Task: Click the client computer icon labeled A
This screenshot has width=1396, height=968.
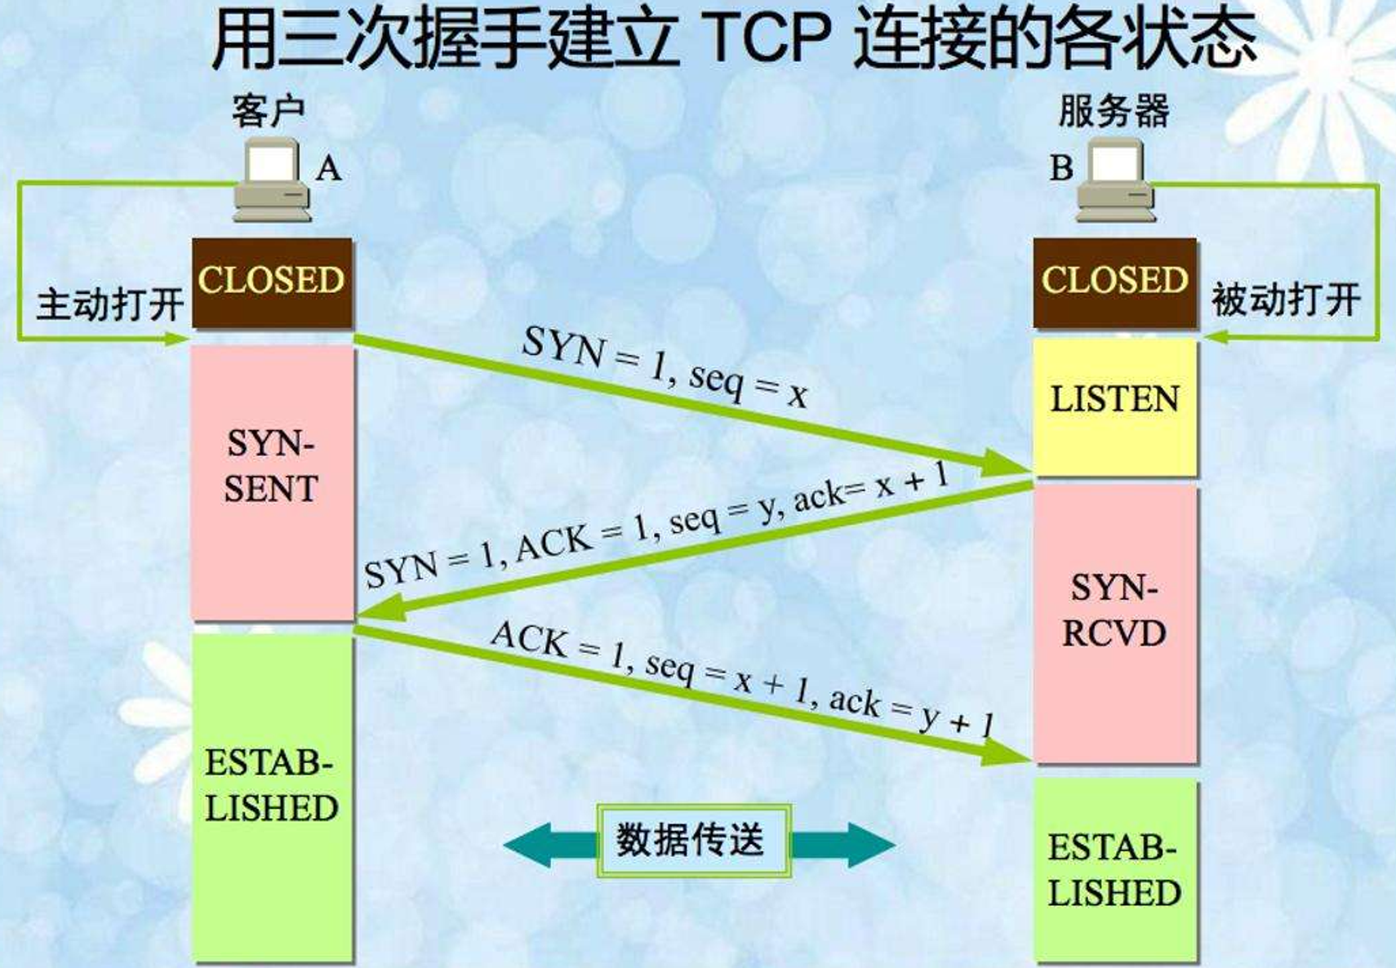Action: pyautogui.click(x=273, y=180)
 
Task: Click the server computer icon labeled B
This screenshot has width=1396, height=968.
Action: pyautogui.click(x=1116, y=180)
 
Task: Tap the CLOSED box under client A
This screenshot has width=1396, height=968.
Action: pyautogui.click(x=272, y=282)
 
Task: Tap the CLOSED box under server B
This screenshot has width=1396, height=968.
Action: pyautogui.click(x=1114, y=282)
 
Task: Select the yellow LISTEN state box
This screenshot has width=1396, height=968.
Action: pyautogui.click(x=1114, y=406)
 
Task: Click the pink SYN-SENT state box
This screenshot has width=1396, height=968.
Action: pyautogui.click(x=272, y=482)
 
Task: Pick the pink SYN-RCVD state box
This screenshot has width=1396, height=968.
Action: pyautogui.click(x=1114, y=624)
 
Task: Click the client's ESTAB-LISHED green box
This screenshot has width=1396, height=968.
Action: pyautogui.click(x=272, y=796)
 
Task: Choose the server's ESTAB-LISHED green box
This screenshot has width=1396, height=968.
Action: pyautogui.click(x=1114, y=870)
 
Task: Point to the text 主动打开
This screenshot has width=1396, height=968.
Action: pyautogui.click(x=109, y=304)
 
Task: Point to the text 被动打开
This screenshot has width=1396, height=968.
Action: pyautogui.click(x=1286, y=300)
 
